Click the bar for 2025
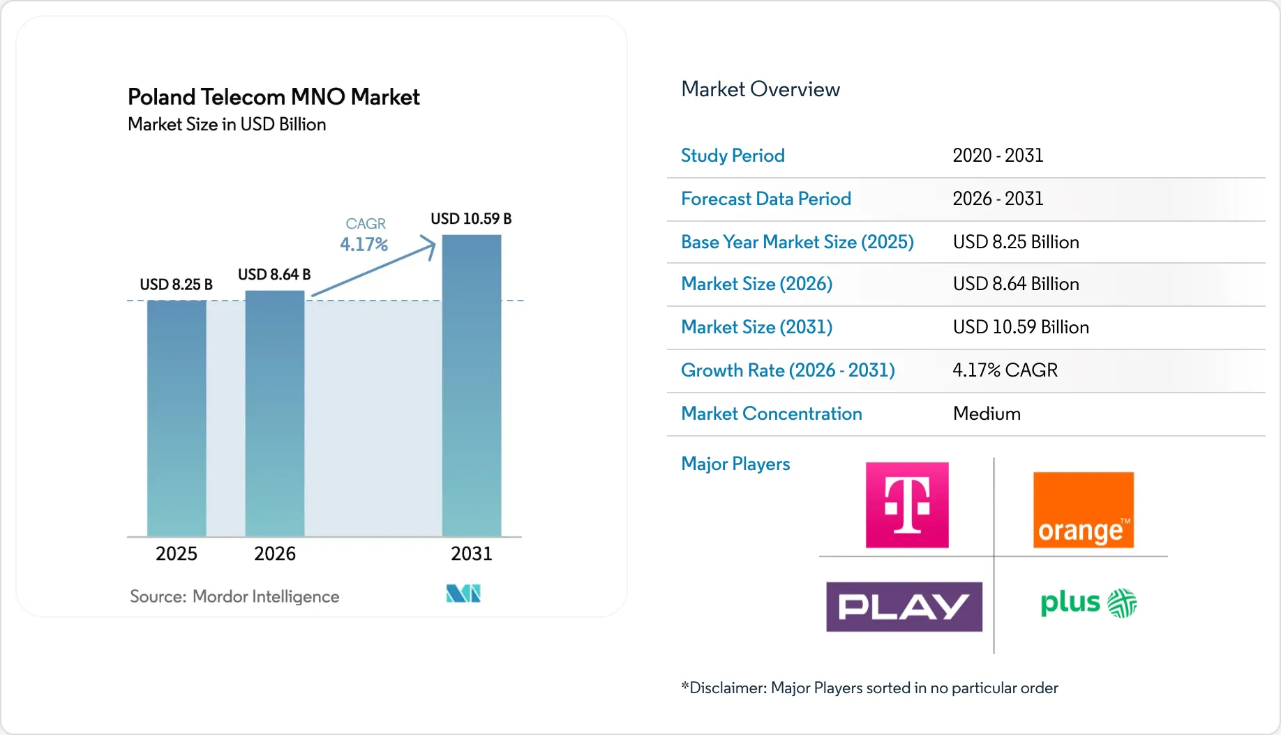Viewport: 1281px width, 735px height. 177,418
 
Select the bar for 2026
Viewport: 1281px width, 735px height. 275,414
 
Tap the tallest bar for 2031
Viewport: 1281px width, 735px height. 472,386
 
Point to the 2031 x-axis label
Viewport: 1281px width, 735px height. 472,554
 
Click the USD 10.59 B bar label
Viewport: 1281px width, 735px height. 471,219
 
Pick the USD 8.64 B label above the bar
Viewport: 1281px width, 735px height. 274,275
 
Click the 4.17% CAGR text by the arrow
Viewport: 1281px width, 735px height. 364,245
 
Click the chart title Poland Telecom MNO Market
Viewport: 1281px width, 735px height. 274,96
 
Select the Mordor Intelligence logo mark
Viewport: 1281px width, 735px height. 463,593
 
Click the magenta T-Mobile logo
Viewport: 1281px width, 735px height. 907,505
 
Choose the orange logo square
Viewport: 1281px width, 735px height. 1084,510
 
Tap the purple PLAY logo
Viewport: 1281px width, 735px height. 904,607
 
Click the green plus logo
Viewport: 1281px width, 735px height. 1088,603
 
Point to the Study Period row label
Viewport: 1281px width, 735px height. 733,156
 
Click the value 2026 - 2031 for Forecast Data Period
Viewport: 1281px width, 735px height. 998,199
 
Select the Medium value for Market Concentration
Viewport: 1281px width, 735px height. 987,414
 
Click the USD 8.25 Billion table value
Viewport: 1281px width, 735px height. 1016,242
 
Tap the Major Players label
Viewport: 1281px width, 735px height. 735,464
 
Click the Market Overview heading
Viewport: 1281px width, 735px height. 761,89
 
